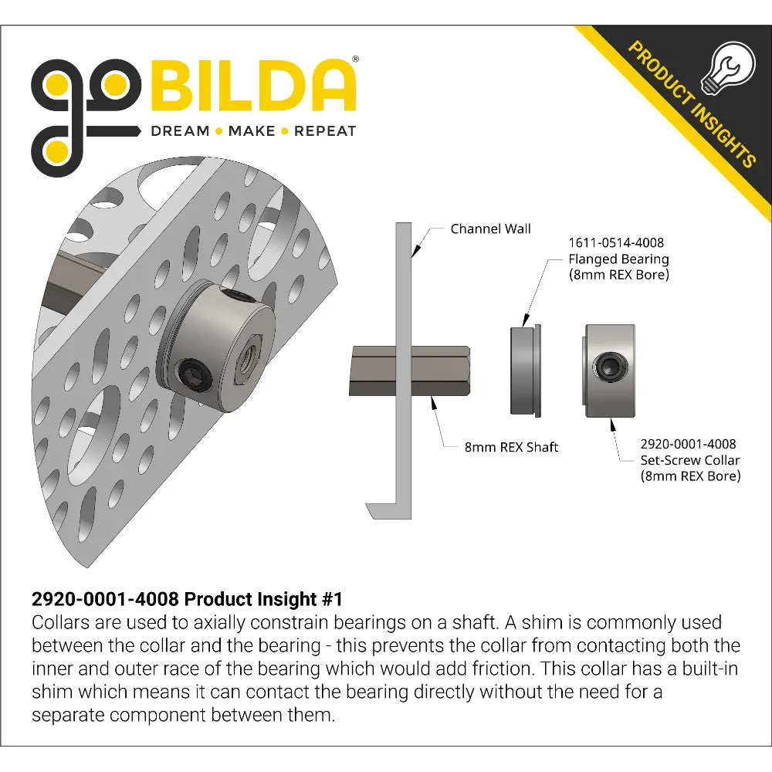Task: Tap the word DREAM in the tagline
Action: point(180,131)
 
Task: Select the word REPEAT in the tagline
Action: point(325,131)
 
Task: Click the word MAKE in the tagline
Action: point(252,131)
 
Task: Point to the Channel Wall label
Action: point(490,229)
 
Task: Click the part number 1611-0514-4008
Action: point(616,243)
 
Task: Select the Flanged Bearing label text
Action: point(618,259)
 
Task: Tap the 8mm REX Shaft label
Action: point(511,447)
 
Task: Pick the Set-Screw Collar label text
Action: point(690,460)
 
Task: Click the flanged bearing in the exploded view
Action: point(525,370)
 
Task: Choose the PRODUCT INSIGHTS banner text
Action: point(692,105)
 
